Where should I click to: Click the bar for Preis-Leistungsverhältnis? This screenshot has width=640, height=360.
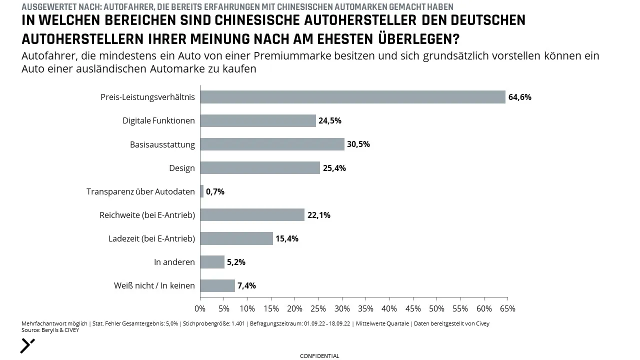[x=353, y=97]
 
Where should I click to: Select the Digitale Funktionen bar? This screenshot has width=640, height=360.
[x=258, y=120]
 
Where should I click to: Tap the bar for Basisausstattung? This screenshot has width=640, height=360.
[x=272, y=144]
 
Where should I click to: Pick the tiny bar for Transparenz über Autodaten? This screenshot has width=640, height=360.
[x=202, y=191]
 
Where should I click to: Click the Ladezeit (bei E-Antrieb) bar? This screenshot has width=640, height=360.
[x=236, y=238]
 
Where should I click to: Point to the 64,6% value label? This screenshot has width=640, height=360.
[x=519, y=97]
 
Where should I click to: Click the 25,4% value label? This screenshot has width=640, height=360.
[x=334, y=168]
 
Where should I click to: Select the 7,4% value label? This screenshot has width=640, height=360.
[x=246, y=285]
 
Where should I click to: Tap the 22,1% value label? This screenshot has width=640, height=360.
[x=319, y=215]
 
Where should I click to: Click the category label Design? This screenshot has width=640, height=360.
[x=181, y=168]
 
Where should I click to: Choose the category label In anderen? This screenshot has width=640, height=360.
[x=174, y=262]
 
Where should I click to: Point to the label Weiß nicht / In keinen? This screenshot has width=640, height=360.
[x=154, y=285]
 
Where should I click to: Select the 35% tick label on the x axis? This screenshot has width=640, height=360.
[x=365, y=308]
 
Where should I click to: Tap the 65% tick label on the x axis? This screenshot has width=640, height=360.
[x=507, y=308]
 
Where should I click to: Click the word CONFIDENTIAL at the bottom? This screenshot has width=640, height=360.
[x=319, y=356]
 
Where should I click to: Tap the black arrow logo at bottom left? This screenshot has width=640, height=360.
[x=27, y=346]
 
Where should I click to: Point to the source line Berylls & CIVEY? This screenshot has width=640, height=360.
[x=50, y=330]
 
